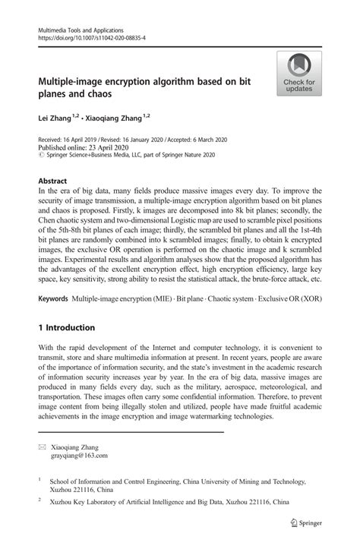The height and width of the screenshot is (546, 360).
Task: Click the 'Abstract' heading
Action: click(x=53, y=181)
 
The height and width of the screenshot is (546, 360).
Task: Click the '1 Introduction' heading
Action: click(x=67, y=328)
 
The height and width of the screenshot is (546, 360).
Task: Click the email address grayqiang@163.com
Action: click(x=80, y=456)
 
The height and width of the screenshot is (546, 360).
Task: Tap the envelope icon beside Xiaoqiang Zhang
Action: click(x=42, y=447)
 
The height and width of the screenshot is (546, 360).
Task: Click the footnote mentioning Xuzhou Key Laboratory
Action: click(x=169, y=502)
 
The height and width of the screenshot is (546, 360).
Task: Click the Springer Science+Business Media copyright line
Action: click(x=129, y=154)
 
